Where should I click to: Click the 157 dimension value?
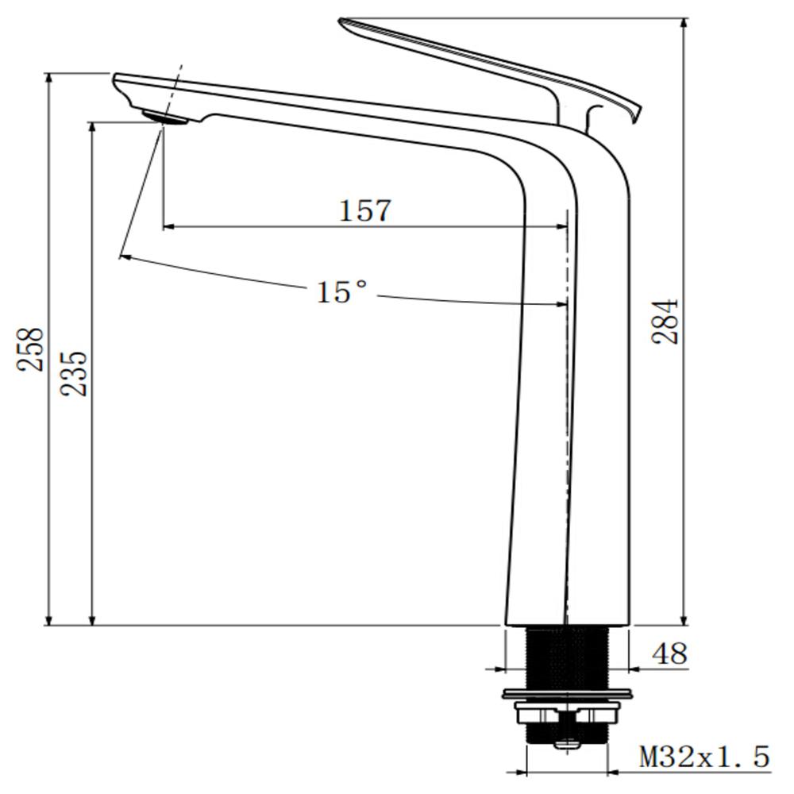coord(365,210)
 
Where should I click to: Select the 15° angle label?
coord(342,292)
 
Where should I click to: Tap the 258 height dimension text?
coord(32,349)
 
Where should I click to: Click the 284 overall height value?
coord(665,321)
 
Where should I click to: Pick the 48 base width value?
coord(669,653)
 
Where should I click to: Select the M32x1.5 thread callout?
coord(704,757)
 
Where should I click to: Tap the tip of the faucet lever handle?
coord(343,22)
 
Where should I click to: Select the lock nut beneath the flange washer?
coord(567,714)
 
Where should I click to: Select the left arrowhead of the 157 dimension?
coord(168,227)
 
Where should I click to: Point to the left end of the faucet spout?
coord(118,79)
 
